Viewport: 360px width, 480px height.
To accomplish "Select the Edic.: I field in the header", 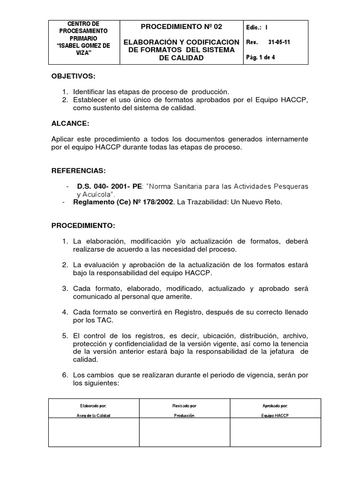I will pyautogui.click(x=257, y=27).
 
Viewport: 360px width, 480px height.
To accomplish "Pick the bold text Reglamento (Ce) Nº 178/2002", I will pyautogui.click(x=121, y=202).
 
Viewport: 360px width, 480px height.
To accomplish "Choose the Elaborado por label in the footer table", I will pyautogui.click(x=94, y=405).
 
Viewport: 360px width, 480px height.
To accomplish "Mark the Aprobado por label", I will pyautogui.click(x=275, y=405).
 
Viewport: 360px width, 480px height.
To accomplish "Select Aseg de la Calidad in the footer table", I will pyautogui.click(x=94, y=415).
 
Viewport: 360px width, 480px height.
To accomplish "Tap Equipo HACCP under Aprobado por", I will pyautogui.click(x=275, y=415).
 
